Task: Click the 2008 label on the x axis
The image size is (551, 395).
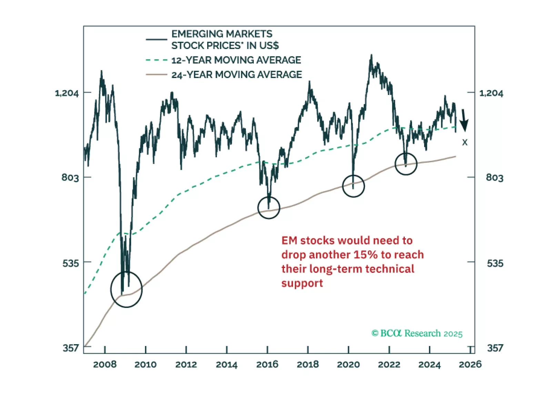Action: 105,364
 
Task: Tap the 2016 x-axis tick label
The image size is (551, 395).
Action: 267,364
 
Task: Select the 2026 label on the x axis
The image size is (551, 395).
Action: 470,364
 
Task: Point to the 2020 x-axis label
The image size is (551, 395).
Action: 348,364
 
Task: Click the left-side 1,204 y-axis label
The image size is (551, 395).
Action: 67,93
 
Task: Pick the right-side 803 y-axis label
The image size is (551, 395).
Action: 494,178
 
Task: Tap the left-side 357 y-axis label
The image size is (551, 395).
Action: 71,348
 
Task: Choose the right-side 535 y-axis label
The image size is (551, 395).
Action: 495,263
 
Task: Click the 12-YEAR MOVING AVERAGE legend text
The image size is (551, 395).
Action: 236,60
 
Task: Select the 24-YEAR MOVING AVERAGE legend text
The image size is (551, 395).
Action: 237,75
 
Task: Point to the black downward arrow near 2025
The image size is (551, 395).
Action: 464,121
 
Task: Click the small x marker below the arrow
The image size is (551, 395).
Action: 465,142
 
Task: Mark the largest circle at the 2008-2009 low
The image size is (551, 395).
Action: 127,289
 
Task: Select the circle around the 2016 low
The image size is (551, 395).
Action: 269,208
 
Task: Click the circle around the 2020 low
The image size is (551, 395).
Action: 353,186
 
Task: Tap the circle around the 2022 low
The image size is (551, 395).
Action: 406,164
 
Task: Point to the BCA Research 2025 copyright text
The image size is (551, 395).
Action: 417,334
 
